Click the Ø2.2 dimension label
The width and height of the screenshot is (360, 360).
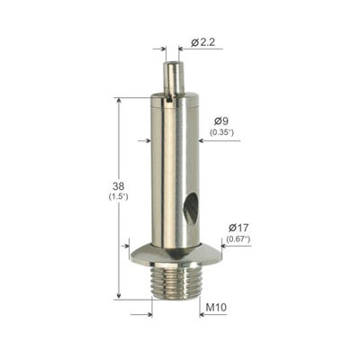coord(202,42)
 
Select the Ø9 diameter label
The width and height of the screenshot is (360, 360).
coord(221,121)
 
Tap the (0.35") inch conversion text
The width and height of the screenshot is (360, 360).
coord(221,132)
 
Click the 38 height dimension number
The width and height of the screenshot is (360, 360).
coord(118,186)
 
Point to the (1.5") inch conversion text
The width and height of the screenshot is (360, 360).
coord(118,197)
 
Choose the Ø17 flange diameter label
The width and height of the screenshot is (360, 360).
coord(238,228)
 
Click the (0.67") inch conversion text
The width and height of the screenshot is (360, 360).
coord(238,239)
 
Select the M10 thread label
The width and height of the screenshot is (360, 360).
coord(216,307)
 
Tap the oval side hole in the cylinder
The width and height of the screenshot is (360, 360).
coord(191,207)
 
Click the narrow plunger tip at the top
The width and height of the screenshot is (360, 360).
coord(173,76)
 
